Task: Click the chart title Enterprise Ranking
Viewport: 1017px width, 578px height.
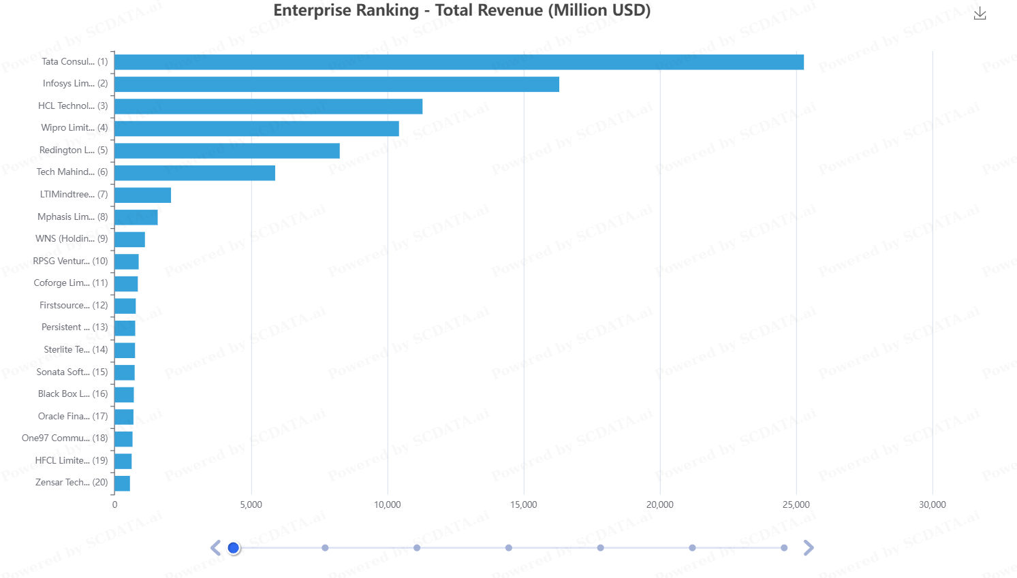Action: [462, 11]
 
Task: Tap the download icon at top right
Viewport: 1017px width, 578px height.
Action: [980, 14]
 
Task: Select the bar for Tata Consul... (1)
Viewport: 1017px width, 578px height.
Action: [459, 62]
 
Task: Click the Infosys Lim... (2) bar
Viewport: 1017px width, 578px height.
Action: [337, 84]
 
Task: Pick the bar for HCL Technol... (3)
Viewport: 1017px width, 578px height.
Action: [268, 106]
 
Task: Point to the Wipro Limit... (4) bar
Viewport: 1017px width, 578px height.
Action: [257, 129]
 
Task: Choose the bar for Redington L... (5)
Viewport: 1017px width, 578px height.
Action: [227, 150]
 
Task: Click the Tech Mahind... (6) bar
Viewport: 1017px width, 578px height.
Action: [195, 173]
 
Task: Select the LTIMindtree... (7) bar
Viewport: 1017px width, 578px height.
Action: [142, 195]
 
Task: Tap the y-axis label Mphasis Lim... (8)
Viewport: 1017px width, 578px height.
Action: [72, 216]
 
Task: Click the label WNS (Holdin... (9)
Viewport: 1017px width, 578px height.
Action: [72, 238]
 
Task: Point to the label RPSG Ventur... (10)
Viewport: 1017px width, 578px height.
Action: [70, 261]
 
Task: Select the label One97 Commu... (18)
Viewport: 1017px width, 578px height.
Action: [65, 438]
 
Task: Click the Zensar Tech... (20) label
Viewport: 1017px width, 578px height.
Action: [72, 482]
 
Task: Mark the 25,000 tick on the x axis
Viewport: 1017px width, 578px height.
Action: [796, 504]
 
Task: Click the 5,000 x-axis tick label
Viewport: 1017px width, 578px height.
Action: [251, 504]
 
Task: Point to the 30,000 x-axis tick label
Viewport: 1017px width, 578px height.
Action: [932, 504]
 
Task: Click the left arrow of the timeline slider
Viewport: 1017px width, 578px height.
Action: [215, 548]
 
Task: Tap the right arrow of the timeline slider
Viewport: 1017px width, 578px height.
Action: [809, 548]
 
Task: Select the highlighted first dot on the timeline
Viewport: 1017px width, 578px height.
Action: [234, 548]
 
